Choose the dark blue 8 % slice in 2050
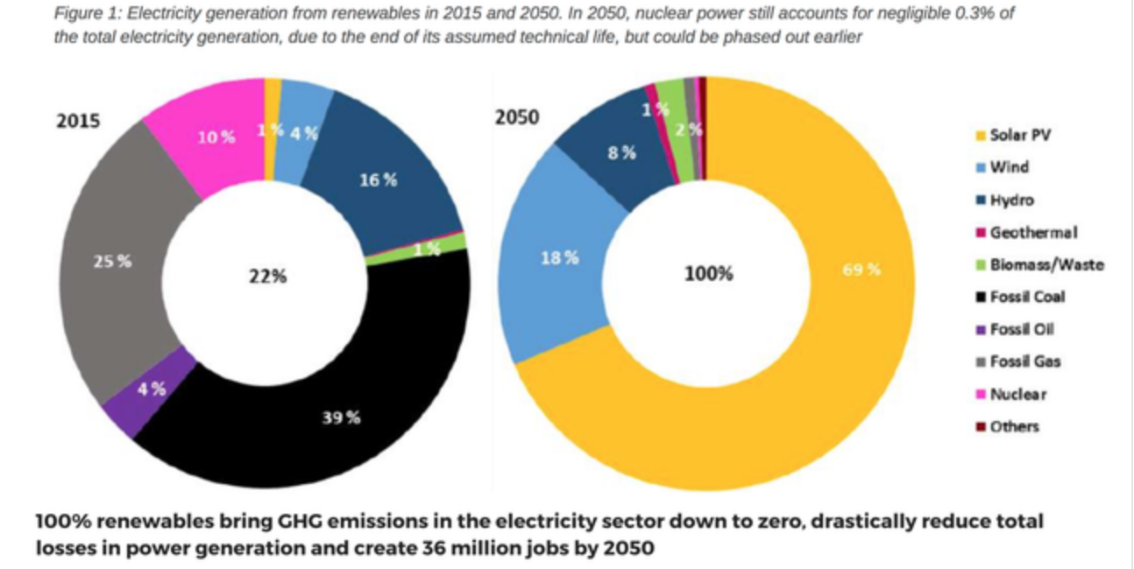(x=620, y=154)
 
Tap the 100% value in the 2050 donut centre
(x=708, y=274)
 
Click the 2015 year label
(x=78, y=121)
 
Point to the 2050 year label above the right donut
(x=517, y=117)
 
